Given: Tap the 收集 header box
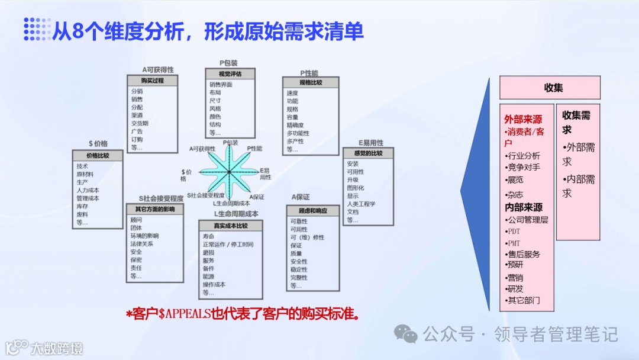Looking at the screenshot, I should tap(550, 88).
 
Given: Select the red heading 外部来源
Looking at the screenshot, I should tap(523, 119).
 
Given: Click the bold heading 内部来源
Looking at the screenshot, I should tap(523, 207).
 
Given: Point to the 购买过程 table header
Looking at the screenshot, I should tap(153, 81).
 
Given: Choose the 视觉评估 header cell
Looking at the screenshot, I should tap(230, 74).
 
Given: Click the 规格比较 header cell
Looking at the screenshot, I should tap(311, 82).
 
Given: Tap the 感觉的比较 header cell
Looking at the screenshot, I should tap(367, 153).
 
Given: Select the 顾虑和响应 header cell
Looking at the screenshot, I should tap(313, 211).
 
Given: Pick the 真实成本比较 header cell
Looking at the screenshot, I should tap(230, 226).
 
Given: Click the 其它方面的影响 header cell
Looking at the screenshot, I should tap(155, 209).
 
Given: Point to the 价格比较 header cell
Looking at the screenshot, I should tap(98, 155).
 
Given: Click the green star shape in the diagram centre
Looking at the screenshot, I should tap(229, 172).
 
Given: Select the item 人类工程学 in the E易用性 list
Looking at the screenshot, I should tap(361, 204).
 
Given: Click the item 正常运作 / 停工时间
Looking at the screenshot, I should tap(228, 244).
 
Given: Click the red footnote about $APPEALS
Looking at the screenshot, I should tap(243, 314).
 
